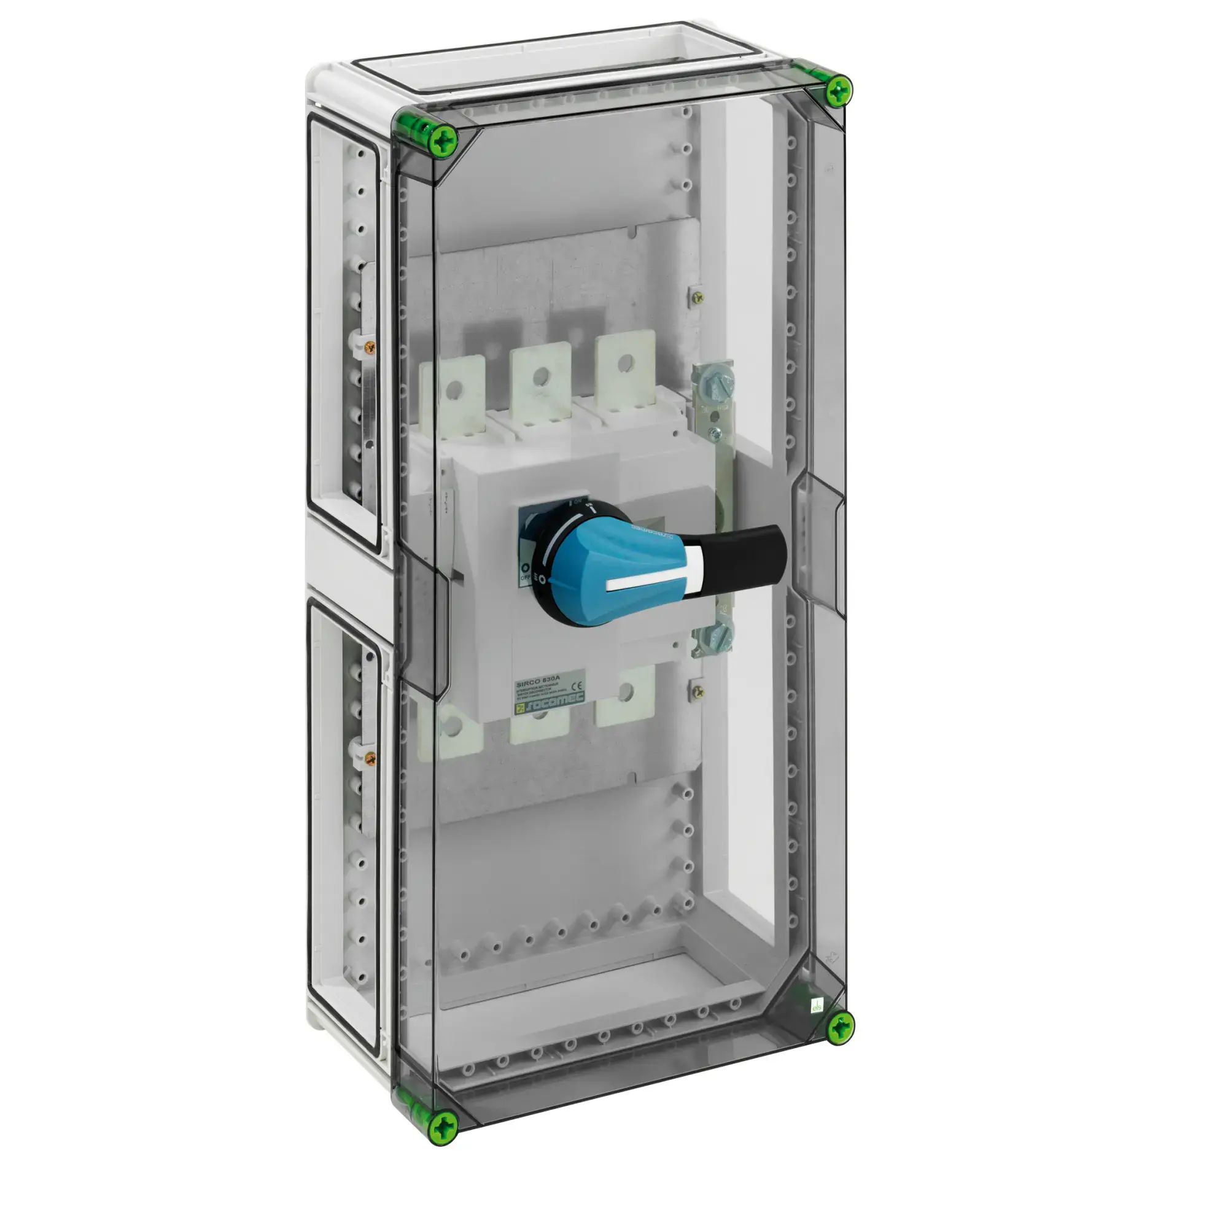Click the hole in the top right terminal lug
tap(626, 363)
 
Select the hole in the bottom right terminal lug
tap(626, 691)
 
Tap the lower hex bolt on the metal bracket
tap(721, 631)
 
